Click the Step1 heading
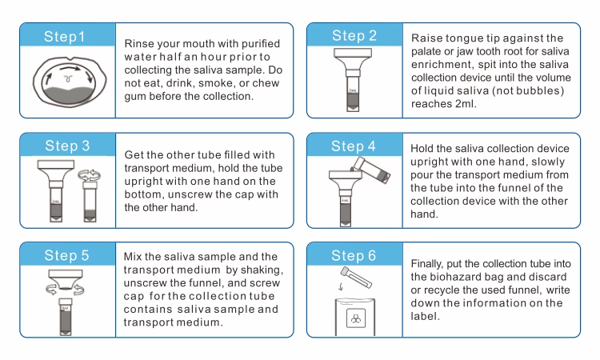pos(66,37)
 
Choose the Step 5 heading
pos(67,256)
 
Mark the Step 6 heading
pos(354,256)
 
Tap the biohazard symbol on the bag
pos(354,318)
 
